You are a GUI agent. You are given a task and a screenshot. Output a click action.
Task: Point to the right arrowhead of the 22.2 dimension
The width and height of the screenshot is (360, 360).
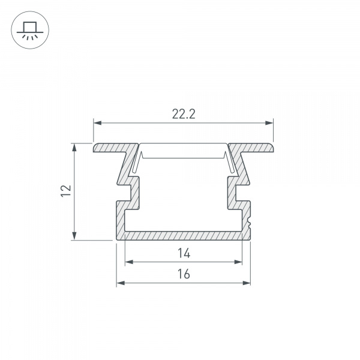point(270,123)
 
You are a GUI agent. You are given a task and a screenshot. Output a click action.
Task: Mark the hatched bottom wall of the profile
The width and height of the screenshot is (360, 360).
point(183,235)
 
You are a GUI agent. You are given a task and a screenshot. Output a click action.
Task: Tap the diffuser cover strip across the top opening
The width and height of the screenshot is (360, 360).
point(183,148)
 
